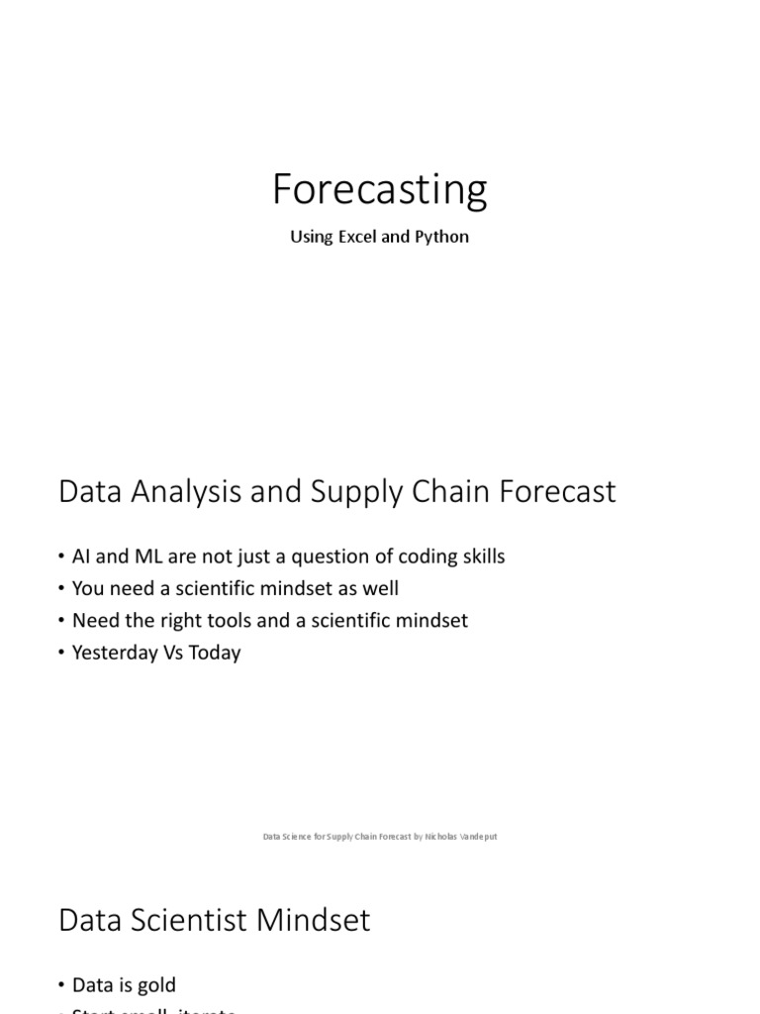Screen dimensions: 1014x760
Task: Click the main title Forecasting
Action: pyautogui.click(x=380, y=189)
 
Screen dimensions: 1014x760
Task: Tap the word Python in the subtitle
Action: pyautogui.click(x=444, y=238)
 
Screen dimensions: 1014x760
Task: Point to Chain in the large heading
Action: pyautogui.click(x=450, y=491)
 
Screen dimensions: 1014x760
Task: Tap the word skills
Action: pyautogui.click(x=480, y=557)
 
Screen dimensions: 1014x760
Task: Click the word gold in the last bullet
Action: pyautogui.click(x=157, y=985)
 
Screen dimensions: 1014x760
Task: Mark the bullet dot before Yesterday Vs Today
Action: pyautogui.click(x=62, y=654)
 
